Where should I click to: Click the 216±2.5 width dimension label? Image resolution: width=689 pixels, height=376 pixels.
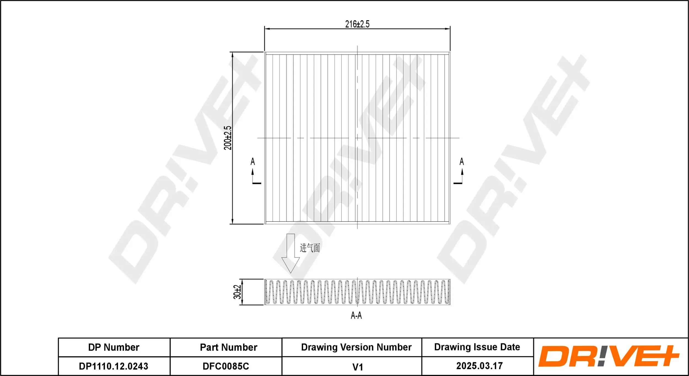tap(357, 24)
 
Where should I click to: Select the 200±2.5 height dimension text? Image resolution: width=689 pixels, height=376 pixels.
tap(228, 138)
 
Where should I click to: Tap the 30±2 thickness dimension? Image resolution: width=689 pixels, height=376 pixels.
tap(237, 292)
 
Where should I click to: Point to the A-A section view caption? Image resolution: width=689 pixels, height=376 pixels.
tap(356, 315)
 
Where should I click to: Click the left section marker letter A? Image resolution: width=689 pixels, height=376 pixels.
tap(253, 161)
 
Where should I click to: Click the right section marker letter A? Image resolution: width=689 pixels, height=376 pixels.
tap(462, 161)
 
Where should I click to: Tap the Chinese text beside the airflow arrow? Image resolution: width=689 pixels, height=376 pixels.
tap(310, 248)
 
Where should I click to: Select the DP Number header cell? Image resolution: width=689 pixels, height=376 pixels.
tap(114, 347)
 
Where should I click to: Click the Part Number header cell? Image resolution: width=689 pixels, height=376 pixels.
tap(228, 347)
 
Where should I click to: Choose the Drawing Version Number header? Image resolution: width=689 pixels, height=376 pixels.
tap(356, 347)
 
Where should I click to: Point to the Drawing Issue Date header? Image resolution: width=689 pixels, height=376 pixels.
tap(477, 347)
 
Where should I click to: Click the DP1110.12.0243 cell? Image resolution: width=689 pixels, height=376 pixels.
tap(114, 366)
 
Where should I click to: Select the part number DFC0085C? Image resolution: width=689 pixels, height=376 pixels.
tap(226, 366)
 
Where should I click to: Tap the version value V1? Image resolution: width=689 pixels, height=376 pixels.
tap(357, 367)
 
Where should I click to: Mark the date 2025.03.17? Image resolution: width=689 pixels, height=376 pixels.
tap(479, 366)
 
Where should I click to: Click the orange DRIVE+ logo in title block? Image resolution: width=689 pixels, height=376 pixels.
tap(609, 356)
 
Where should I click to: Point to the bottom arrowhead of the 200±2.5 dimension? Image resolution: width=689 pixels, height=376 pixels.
tap(233, 221)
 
